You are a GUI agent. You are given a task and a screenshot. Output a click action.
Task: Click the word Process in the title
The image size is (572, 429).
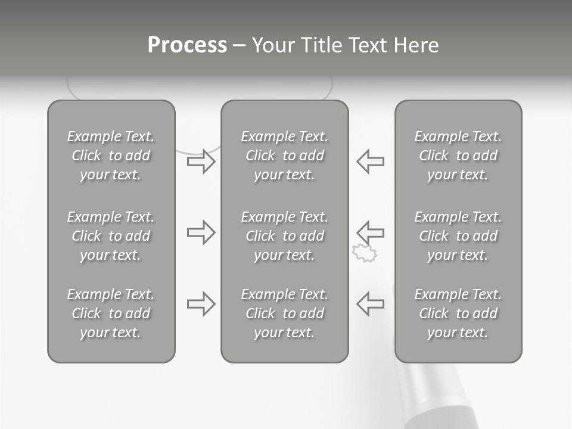point(187,45)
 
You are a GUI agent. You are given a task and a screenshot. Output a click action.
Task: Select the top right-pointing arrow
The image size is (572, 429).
point(201,161)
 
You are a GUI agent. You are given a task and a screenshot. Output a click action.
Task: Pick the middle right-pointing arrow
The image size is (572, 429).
point(201,232)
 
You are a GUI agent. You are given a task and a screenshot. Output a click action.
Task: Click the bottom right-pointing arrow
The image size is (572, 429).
point(201,304)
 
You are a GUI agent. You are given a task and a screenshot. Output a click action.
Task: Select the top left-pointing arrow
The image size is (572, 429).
point(370,161)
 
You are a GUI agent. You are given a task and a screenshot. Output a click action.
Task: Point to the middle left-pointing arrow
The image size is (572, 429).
point(370,231)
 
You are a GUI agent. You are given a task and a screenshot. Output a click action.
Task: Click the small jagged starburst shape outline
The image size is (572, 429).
point(365,253)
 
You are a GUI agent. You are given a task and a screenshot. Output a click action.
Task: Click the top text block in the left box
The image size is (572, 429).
point(111,156)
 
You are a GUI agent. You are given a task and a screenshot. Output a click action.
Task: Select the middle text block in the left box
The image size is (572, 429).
point(111,236)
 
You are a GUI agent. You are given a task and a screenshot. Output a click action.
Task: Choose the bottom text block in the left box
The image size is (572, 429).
point(111,313)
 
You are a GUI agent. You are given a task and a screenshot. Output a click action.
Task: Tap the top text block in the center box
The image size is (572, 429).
point(285,156)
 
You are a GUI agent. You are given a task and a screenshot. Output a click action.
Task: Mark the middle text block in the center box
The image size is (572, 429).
point(285,236)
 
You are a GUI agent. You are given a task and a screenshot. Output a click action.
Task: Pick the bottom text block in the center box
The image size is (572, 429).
point(285,313)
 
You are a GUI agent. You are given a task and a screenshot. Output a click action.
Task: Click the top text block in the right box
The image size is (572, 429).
point(458,156)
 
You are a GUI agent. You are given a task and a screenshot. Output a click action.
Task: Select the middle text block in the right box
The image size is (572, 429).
point(458,236)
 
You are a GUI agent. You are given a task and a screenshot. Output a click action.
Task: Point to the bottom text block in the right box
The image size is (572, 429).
point(458,313)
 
